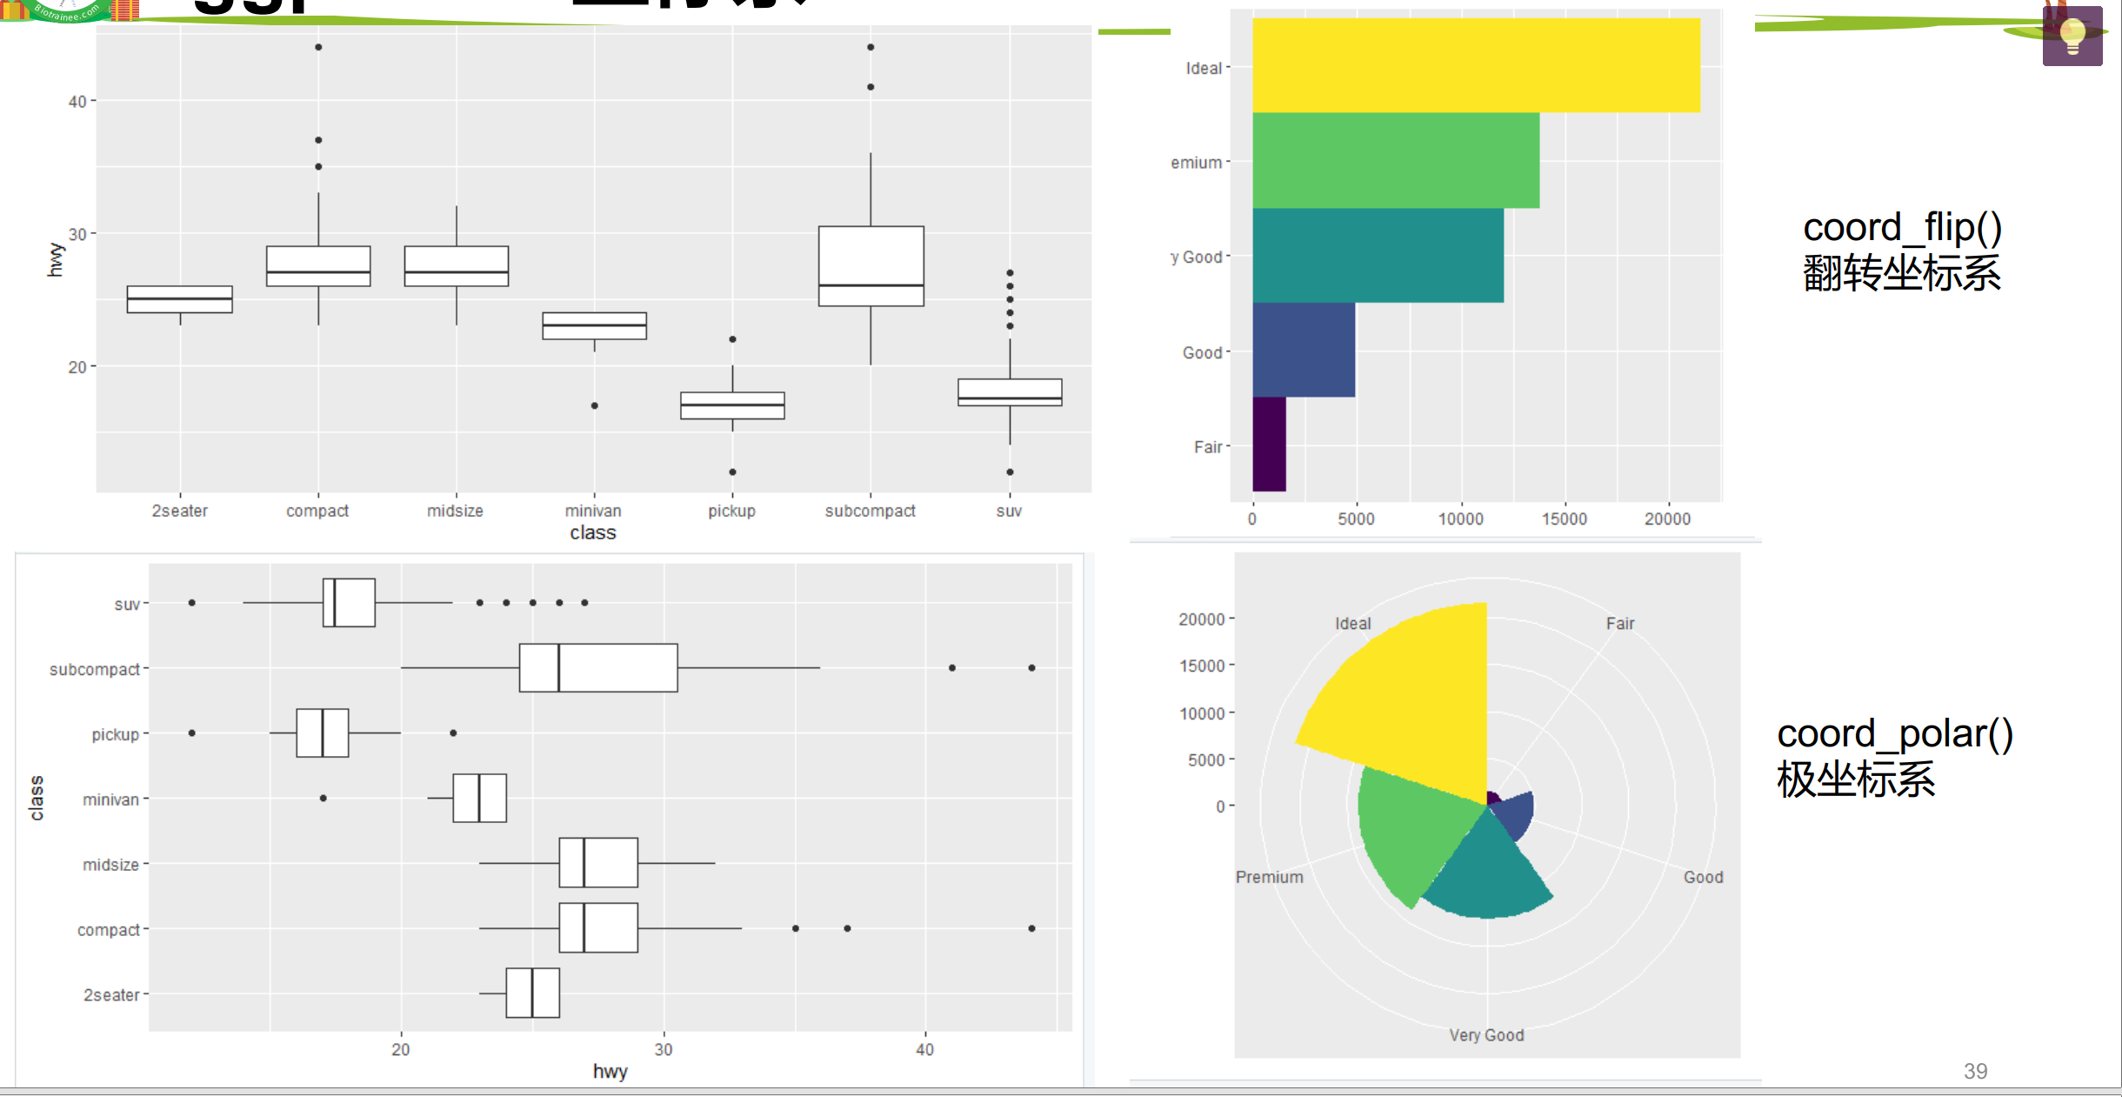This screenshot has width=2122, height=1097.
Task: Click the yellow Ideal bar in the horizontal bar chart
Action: [1475, 65]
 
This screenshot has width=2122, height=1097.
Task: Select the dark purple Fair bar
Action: [1269, 445]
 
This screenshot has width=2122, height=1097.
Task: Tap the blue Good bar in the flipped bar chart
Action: [1303, 350]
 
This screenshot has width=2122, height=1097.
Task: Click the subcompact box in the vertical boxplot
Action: [871, 265]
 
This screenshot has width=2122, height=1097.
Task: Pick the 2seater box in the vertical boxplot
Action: [180, 299]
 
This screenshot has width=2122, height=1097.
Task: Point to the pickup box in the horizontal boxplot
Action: [323, 732]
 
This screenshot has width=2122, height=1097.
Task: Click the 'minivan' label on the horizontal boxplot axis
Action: [110, 799]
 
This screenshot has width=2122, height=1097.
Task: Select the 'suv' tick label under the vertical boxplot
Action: [1009, 511]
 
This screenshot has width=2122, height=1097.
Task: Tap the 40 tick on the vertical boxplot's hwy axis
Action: [77, 102]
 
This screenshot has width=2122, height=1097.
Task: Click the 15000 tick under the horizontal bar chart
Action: [1564, 519]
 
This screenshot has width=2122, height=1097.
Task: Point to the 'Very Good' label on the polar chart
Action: [1486, 1035]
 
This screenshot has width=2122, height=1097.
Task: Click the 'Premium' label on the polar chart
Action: [1269, 877]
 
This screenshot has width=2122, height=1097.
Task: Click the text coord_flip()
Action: [1902, 228]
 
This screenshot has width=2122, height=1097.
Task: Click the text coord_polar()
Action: [1894, 733]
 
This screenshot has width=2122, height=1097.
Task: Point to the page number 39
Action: [1975, 1071]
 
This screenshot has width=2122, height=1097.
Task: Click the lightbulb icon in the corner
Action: [2072, 37]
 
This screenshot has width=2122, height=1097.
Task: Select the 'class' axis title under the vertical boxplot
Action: [593, 532]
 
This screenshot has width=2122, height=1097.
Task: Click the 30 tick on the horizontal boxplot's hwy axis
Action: [664, 1049]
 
